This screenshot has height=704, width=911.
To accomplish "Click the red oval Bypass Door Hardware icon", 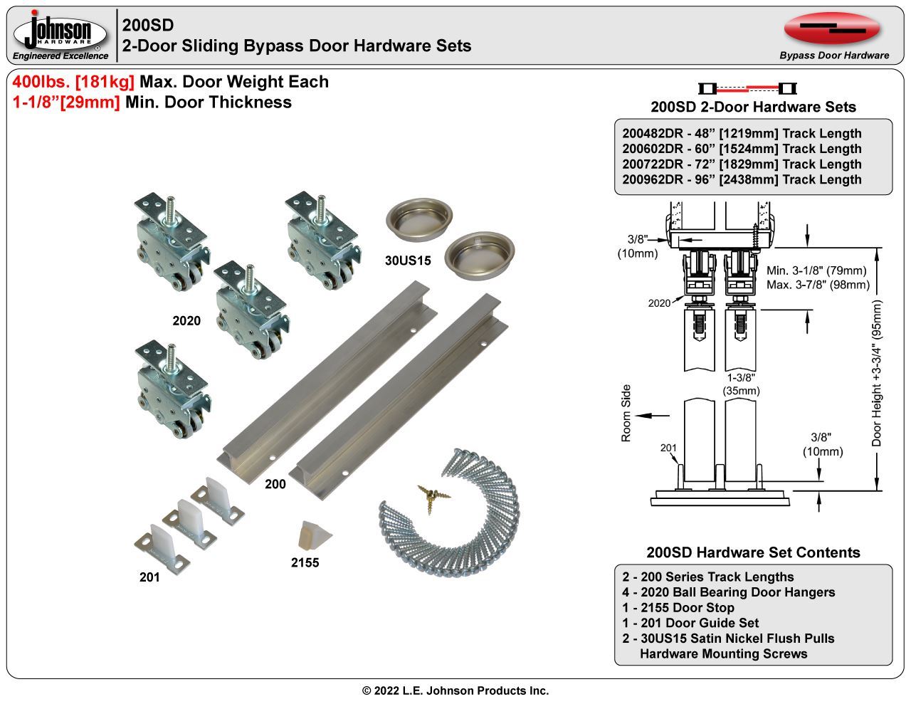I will coord(832,28).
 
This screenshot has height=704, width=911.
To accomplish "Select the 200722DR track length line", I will coord(742,164).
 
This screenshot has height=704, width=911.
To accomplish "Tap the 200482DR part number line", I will coord(742,134).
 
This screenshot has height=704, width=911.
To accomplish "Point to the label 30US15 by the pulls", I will coord(408,261).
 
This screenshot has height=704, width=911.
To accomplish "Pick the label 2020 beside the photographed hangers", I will coord(186,321).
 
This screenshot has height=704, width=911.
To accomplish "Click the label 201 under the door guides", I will coord(149,577).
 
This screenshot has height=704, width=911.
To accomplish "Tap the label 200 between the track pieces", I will coord(275,484).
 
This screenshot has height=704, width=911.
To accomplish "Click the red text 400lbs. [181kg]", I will coord(74,82).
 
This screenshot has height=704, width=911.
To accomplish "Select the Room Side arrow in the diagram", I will coord(653,415).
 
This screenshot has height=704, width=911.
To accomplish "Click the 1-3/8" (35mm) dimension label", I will coord(741,384).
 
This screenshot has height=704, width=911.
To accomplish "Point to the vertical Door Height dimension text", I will coord(876,373).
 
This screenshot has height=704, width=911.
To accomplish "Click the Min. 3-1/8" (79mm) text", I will coord(816,270).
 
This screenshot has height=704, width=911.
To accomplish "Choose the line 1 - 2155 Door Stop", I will coord(678,608).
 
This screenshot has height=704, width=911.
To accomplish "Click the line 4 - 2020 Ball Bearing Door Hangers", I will coord(728,592).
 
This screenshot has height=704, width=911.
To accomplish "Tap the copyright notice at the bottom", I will coord(455,690).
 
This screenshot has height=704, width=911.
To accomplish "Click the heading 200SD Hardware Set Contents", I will coord(753,553).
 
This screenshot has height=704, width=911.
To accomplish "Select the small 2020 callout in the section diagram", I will coord(659,303).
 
